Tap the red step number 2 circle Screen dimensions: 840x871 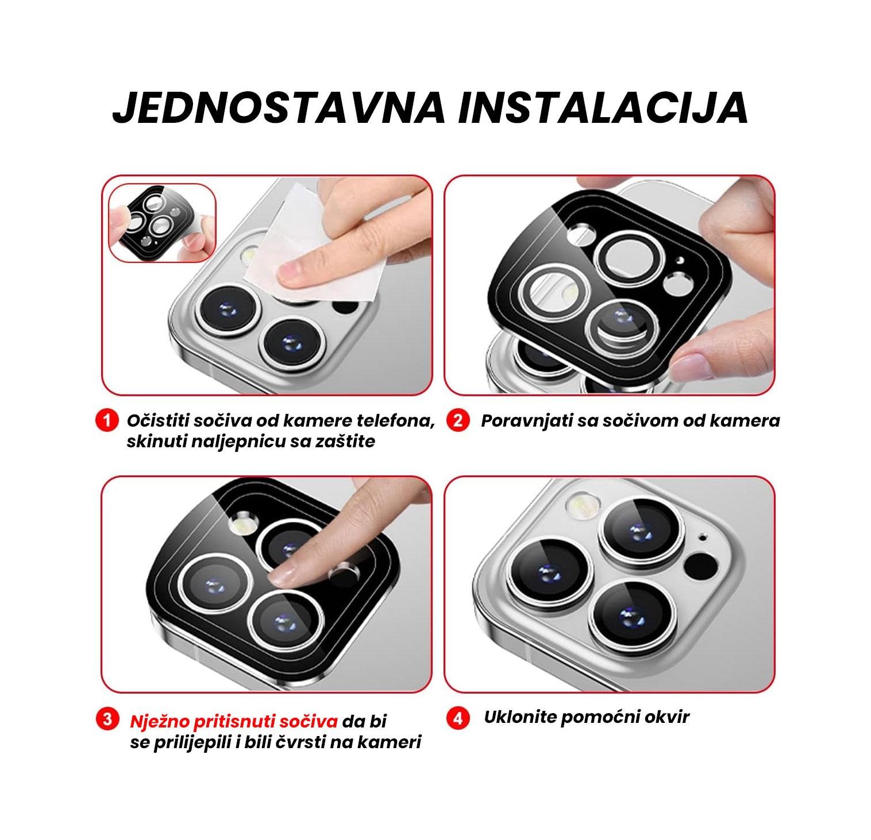click(458, 420)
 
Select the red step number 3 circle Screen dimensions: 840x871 click(107, 719)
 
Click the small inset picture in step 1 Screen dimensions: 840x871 click(162, 223)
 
